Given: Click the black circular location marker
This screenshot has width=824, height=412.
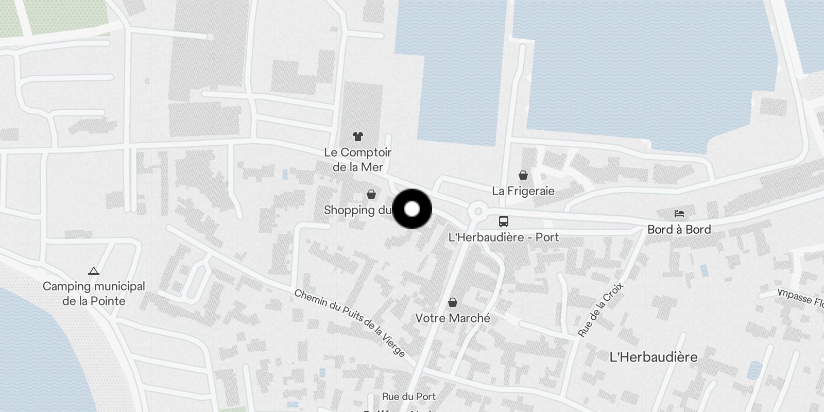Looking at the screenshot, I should (x=412, y=209).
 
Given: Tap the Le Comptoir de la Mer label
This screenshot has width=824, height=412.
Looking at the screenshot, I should (x=358, y=160).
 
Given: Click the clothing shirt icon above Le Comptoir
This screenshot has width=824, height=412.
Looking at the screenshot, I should (x=358, y=136).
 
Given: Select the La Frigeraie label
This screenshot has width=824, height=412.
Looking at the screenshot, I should (x=523, y=191).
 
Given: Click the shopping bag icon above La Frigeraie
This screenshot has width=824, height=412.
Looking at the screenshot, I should (x=523, y=175).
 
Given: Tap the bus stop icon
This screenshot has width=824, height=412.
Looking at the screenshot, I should (x=504, y=221).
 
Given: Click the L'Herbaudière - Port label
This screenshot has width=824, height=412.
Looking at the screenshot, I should (x=504, y=237).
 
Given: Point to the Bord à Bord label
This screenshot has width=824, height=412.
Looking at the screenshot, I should (x=679, y=230).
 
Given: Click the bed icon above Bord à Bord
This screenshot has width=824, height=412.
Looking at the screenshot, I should (x=679, y=214).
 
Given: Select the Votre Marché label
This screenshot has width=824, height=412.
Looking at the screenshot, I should (x=453, y=318).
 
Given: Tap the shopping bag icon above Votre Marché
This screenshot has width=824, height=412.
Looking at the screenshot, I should (x=453, y=302).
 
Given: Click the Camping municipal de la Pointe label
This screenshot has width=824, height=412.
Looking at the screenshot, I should (x=94, y=294).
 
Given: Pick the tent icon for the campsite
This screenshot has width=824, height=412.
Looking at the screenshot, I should (x=93, y=271).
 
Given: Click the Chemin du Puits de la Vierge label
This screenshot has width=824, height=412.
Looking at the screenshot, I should (x=350, y=323).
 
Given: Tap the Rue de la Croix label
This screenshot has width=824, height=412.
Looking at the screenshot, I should (x=600, y=310).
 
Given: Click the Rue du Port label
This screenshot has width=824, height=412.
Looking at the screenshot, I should (x=409, y=397).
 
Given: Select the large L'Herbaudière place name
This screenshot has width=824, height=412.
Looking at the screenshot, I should (x=654, y=357).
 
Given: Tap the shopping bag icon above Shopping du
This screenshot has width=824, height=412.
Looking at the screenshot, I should (x=371, y=194).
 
